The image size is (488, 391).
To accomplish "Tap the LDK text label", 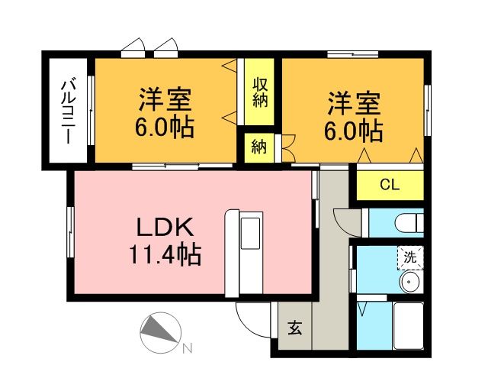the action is pos(165,227).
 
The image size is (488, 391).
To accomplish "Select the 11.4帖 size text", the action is pos(165,255).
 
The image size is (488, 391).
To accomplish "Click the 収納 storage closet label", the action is pos(260,92).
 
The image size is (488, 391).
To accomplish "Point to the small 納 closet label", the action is pos(259,147).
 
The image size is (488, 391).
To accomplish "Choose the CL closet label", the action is pos(390,186).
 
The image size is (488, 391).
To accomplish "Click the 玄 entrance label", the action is pos(295,328).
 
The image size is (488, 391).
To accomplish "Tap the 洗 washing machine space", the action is pos(410,257).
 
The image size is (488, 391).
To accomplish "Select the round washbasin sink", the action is pos(410,282).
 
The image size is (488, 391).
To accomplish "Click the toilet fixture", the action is pos(409,222).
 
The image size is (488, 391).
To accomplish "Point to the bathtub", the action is pos(409,325).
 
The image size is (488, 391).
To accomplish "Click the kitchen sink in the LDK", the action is pos(251,233).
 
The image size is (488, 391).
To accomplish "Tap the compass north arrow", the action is pos(161,332).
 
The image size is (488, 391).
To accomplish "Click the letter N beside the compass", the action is pos(187,348).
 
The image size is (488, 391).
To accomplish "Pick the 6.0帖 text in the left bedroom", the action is pos(165,128).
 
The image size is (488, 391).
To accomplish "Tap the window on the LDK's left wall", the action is pos(71,232).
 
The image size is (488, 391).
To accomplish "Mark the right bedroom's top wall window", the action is pos(352,54).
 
